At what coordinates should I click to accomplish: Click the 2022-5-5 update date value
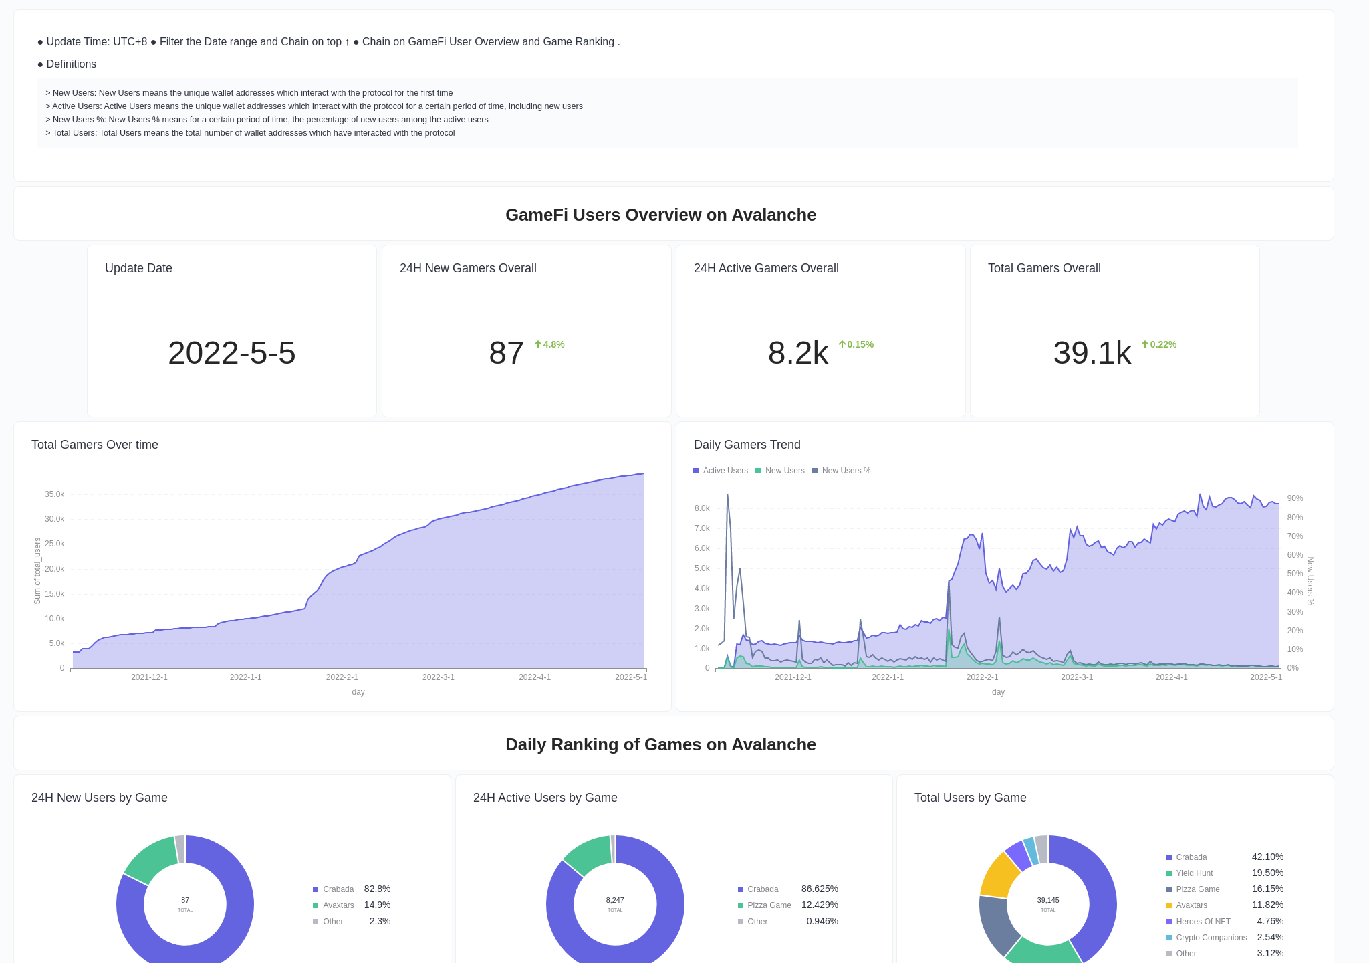pos(231,353)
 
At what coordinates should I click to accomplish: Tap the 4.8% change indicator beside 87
pos(549,344)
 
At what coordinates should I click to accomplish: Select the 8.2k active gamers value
pos(797,353)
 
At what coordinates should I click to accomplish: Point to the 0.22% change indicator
pos(1159,344)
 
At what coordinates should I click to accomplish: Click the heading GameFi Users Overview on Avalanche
pos(660,215)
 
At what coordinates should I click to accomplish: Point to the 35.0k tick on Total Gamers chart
pos(54,494)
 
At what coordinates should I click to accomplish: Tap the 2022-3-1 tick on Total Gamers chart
pos(438,677)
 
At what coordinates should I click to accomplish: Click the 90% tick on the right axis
pos(1295,498)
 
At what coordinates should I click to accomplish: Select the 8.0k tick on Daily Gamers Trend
pos(702,508)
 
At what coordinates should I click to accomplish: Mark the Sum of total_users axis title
pos(37,570)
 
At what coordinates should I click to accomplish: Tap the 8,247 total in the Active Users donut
pos(615,900)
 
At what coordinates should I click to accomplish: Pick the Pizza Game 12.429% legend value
pos(820,905)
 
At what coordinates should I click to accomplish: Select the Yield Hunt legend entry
pos(1194,873)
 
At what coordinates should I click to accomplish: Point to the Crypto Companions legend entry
pos(1211,938)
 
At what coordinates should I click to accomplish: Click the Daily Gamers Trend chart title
pos(747,445)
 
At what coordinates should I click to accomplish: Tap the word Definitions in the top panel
pos(71,64)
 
